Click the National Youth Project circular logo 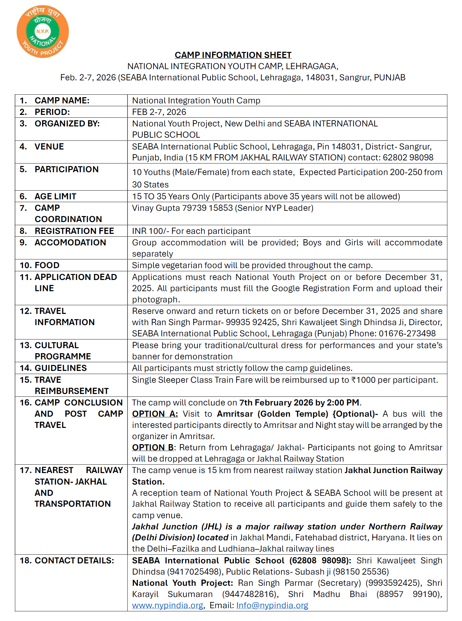tap(43, 31)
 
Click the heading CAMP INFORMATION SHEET tap(233, 55)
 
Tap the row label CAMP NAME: tap(62, 101)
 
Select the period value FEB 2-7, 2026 tap(159, 112)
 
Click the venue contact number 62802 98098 tap(408, 158)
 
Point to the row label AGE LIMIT tap(55, 197)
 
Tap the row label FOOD tap(47, 265)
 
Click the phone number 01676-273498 tap(407, 334)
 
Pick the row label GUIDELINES tap(61, 368)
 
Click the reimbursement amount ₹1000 tap(363, 380)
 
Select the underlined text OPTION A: tap(155, 414)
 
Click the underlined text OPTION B tap(153, 448)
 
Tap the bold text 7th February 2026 tap(276, 403)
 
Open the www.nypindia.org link tap(167, 605)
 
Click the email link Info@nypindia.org tap(272, 605)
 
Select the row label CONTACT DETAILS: tap(74, 561)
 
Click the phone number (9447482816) tap(250, 594)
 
